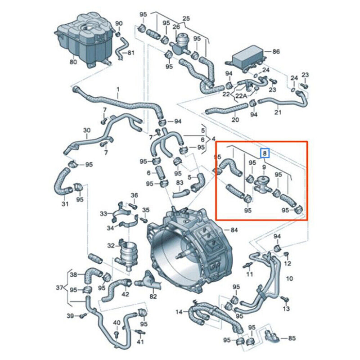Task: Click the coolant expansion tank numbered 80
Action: (84, 40)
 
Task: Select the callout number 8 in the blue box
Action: (265, 153)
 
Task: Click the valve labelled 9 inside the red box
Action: (263, 184)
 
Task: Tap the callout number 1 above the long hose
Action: (118, 89)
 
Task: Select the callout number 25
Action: (186, 18)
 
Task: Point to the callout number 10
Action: (290, 279)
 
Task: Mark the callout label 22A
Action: (241, 96)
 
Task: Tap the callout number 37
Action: (60, 288)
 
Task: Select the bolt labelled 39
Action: (83, 315)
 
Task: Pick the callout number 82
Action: (153, 297)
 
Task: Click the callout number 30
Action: (87, 130)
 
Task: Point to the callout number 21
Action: (278, 112)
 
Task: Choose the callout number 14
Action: (180, 312)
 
